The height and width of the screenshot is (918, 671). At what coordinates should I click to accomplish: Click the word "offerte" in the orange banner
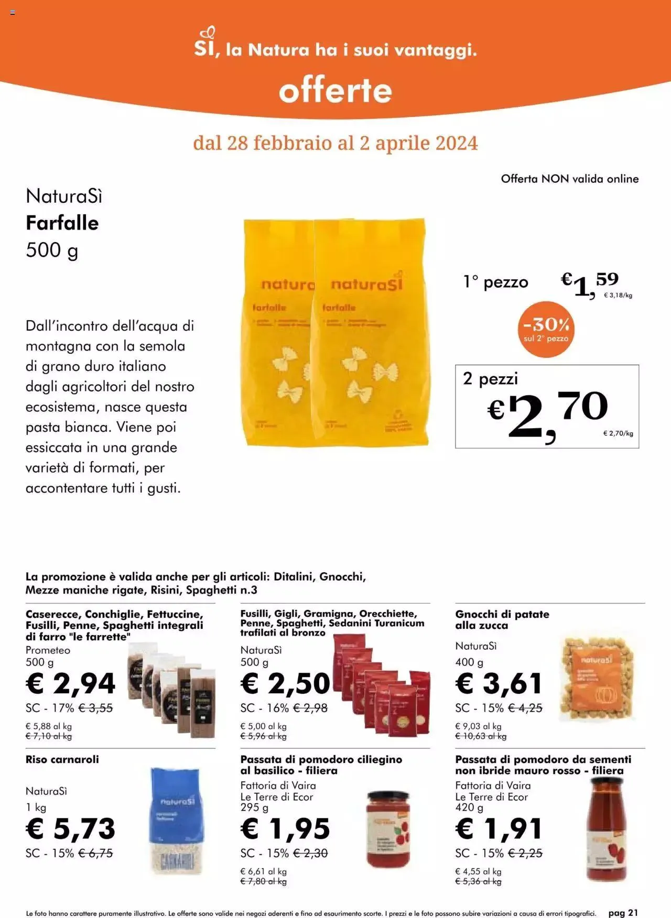(335, 91)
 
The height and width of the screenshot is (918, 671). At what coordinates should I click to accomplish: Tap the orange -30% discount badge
(546, 329)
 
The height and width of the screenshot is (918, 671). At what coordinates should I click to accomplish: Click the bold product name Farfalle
(62, 223)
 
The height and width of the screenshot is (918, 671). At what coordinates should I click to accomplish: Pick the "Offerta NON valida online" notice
(570, 179)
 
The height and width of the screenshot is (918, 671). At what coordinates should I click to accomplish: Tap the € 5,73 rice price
(71, 828)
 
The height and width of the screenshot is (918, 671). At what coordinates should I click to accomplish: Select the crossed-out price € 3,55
(95, 708)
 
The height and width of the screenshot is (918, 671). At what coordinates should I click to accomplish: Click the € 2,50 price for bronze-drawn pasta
(286, 683)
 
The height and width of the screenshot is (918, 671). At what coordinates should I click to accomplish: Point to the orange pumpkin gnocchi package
(597, 678)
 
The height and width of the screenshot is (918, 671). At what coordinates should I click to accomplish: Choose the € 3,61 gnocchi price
(499, 683)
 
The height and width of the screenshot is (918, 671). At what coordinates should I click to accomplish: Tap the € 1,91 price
(499, 828)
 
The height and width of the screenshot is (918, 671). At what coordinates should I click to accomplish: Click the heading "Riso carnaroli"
(62, 759)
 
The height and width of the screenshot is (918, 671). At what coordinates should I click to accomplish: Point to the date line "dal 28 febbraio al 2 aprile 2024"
(335, 143)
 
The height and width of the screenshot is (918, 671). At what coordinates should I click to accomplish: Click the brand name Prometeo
(48, 650)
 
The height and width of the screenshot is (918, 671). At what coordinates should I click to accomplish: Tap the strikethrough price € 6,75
(95, 853)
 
